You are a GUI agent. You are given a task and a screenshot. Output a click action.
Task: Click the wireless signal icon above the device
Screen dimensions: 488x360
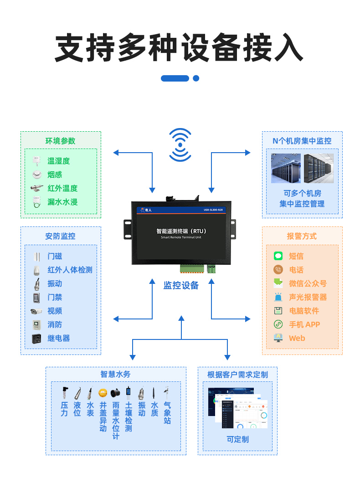(x=180, y=145)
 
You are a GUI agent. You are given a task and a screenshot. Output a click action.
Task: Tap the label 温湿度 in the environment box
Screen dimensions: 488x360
(x=59, y=161)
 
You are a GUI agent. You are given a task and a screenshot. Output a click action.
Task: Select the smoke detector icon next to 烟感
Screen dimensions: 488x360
(x=36, y=175)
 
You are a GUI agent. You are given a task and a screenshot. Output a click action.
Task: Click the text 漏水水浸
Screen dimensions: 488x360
(x=62, y=202)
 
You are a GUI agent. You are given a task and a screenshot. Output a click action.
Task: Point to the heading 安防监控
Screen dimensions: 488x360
(x=60, y=236)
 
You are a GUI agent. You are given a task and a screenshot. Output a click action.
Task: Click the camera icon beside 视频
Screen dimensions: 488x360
(x=36, y=311)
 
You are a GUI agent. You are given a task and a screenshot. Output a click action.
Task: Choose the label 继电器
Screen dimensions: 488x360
(x=59, y=338)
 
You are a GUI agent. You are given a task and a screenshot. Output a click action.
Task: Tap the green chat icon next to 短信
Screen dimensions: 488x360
(x=278, y=256)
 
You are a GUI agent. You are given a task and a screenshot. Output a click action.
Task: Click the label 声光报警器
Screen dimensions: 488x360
(x=308, y=297)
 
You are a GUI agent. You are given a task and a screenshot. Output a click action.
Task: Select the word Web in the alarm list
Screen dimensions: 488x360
(x=297, y=338)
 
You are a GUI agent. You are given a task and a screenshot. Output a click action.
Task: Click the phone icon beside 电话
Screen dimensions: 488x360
(x=278, y=270)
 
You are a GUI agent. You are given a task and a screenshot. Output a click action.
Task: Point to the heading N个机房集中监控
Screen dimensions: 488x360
(x=302, y=141)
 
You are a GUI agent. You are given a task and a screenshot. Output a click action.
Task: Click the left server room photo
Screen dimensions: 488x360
(x=286, y=169)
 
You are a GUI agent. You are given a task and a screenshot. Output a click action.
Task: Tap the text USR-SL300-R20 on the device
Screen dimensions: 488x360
(x=213, y=210)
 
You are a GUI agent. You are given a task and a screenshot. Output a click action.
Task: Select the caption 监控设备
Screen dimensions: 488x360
(x=181, y=286)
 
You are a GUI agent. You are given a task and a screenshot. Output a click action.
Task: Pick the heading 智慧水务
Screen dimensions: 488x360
(x=115, y=374)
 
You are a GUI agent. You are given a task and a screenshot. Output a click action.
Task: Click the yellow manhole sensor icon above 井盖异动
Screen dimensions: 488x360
(x=103, y=393)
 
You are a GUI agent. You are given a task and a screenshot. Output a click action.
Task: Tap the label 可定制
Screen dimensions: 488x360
(x=237, y=439)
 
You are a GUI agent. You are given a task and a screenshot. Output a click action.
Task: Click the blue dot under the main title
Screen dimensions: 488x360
(x=196, y=78)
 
